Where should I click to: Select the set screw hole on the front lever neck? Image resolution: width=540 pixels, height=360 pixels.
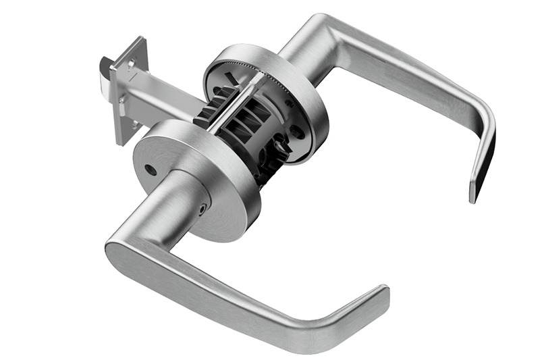tap(202, 210)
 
